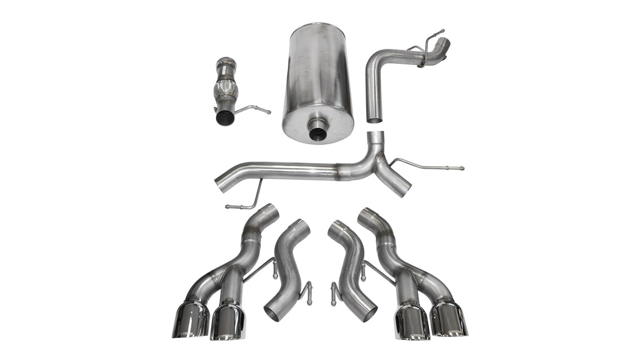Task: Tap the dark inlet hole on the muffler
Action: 317,133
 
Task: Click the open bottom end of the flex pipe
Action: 225,118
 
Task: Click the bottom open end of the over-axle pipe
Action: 374,120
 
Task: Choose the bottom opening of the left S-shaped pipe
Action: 272,313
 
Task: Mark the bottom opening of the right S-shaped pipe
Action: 368,313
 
